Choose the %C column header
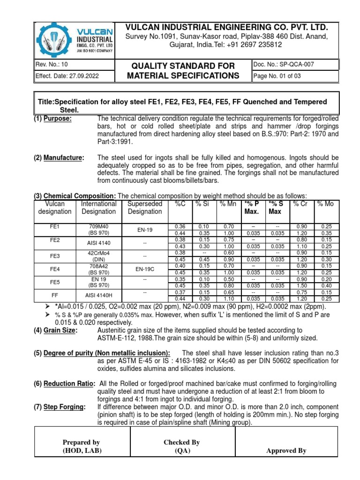(180, 204)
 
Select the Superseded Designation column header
(145, 208)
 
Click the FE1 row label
(55, 226)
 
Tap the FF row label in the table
(55, 296)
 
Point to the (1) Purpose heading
(52, 118)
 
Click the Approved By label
(286, 450)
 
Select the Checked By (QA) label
(182, 446)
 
